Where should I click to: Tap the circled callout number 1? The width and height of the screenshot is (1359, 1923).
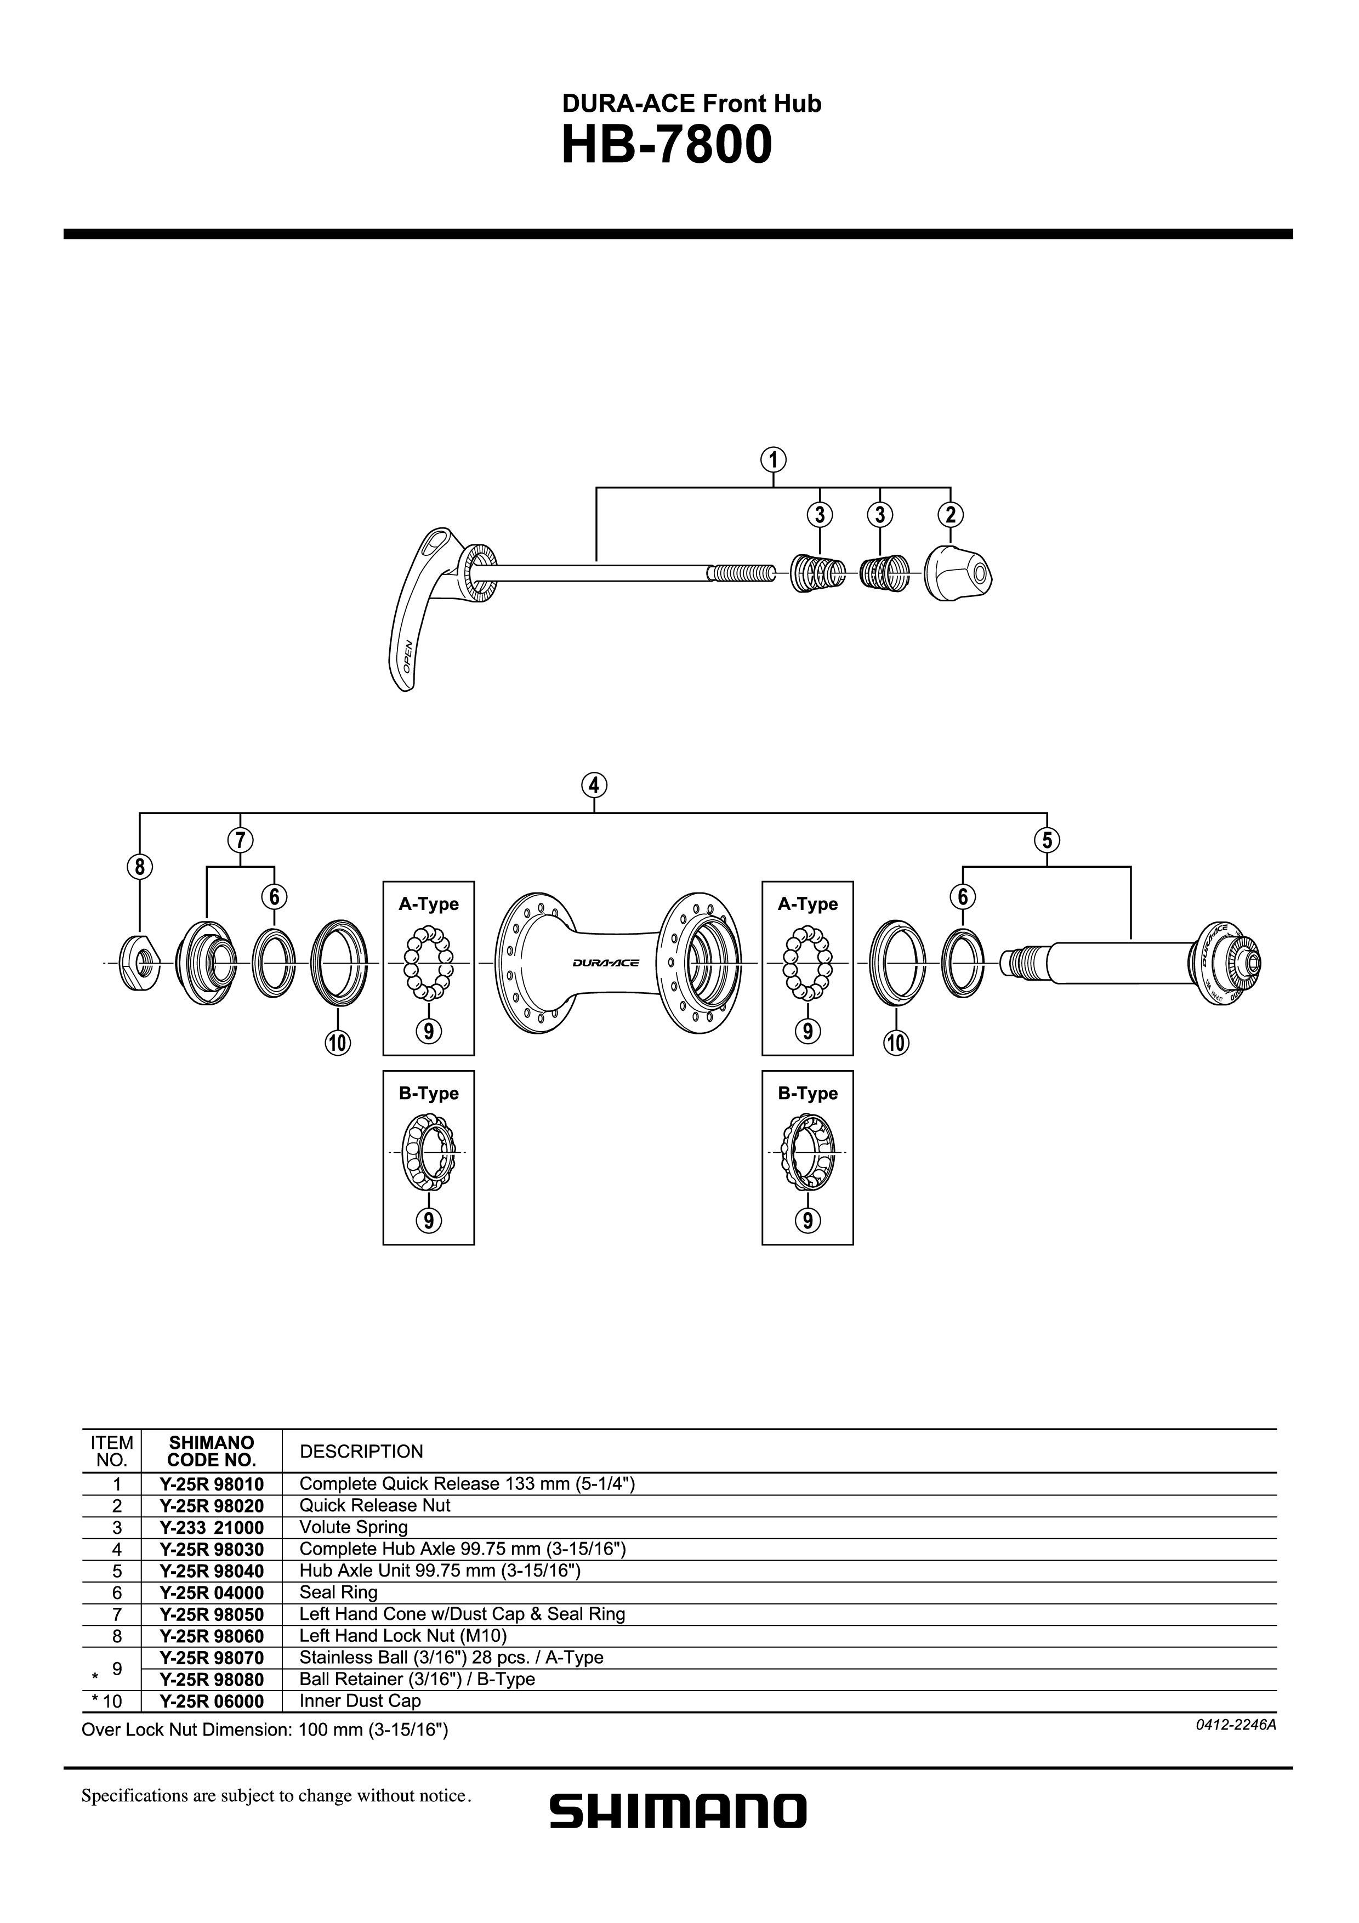pyautogui.click(x=773, y=460)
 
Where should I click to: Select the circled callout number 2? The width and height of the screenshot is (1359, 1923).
pyautogui.click(x=951, y=514)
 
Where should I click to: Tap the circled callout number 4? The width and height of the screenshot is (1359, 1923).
pyautogui.click(x=594, y=786)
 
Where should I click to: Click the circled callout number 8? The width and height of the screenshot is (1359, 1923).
pyautogui.click(x=140, y=867)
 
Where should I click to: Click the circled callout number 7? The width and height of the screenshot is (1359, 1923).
pyautogui.click(x=240, y=840)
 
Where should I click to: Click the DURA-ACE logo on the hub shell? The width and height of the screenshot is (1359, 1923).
pyautogui.click(x=606, y=963)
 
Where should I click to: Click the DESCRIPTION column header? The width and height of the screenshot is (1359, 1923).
pyautogui.click(x=361, y=1452)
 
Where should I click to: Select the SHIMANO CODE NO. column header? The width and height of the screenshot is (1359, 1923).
pyautogui.click(x=211, y=1452)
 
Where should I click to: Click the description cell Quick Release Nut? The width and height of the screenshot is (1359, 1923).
pyautogui.click(x=374, y=1505)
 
